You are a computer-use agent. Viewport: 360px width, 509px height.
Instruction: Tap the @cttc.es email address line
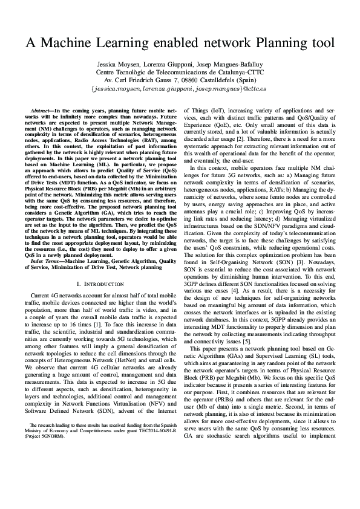click(179, 88)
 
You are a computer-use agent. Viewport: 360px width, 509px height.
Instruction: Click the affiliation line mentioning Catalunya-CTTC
click(180, 72)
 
